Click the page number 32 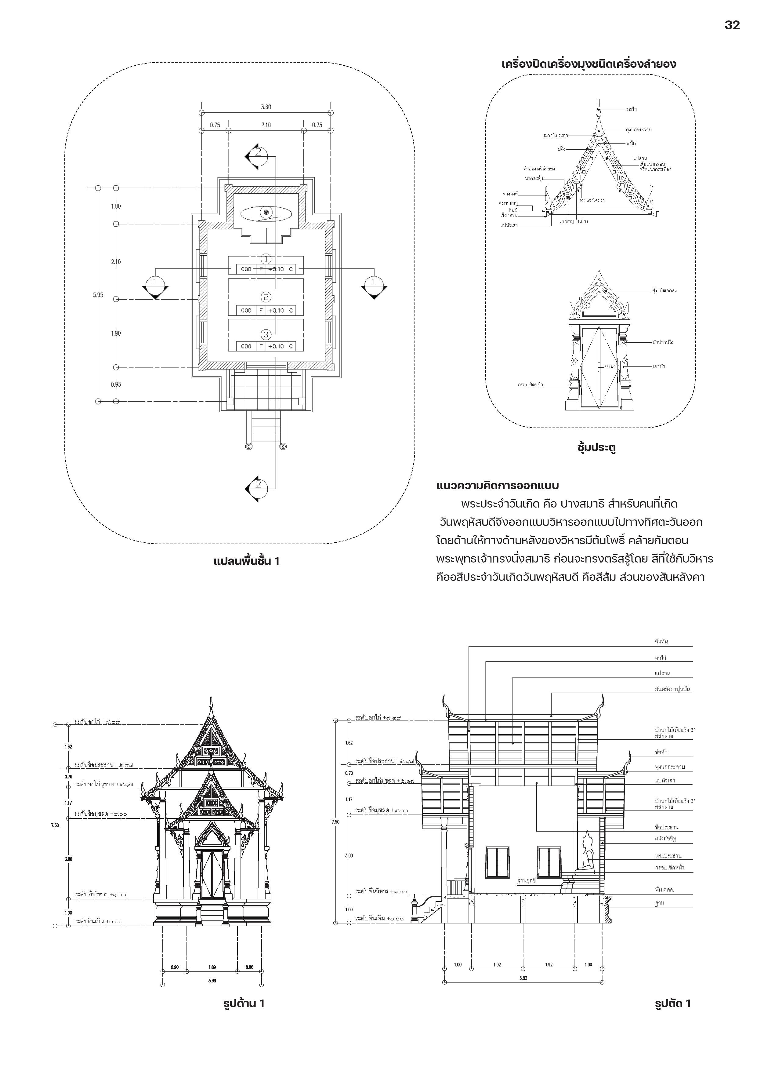[x=732, y=25]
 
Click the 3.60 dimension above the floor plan [x=266, y=107]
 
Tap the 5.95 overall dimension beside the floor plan [x=98, y=295]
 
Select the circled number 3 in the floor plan [x=266, y=334]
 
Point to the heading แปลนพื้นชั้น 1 [x=246, y=561]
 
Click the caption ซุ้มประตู [x=596, y=448]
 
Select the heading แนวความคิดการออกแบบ [x=497, y=486]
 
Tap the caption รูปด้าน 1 [x=244, y=1004]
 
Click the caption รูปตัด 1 [x=673, y=1004]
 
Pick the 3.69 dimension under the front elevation [x=212, y=981]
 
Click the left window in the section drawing [x=497, y=862]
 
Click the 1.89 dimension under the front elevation [x=212, y=967]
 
